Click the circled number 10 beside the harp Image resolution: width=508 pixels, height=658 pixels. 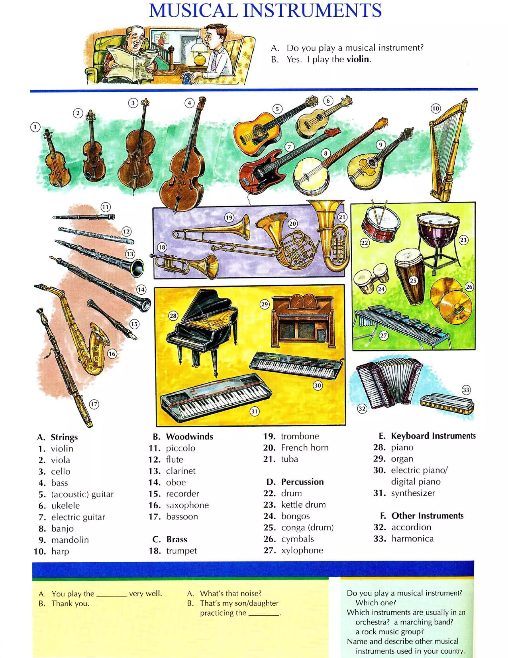436,108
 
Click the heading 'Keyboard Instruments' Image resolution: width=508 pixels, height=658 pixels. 433,436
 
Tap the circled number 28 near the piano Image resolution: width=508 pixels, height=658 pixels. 173,316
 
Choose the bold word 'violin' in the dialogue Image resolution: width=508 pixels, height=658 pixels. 358,59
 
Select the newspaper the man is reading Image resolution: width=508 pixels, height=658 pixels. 132,60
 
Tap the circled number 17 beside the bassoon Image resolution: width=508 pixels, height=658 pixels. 94,404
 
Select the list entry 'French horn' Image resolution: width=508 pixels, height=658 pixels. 304,448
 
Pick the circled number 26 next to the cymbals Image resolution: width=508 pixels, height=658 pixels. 469,287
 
